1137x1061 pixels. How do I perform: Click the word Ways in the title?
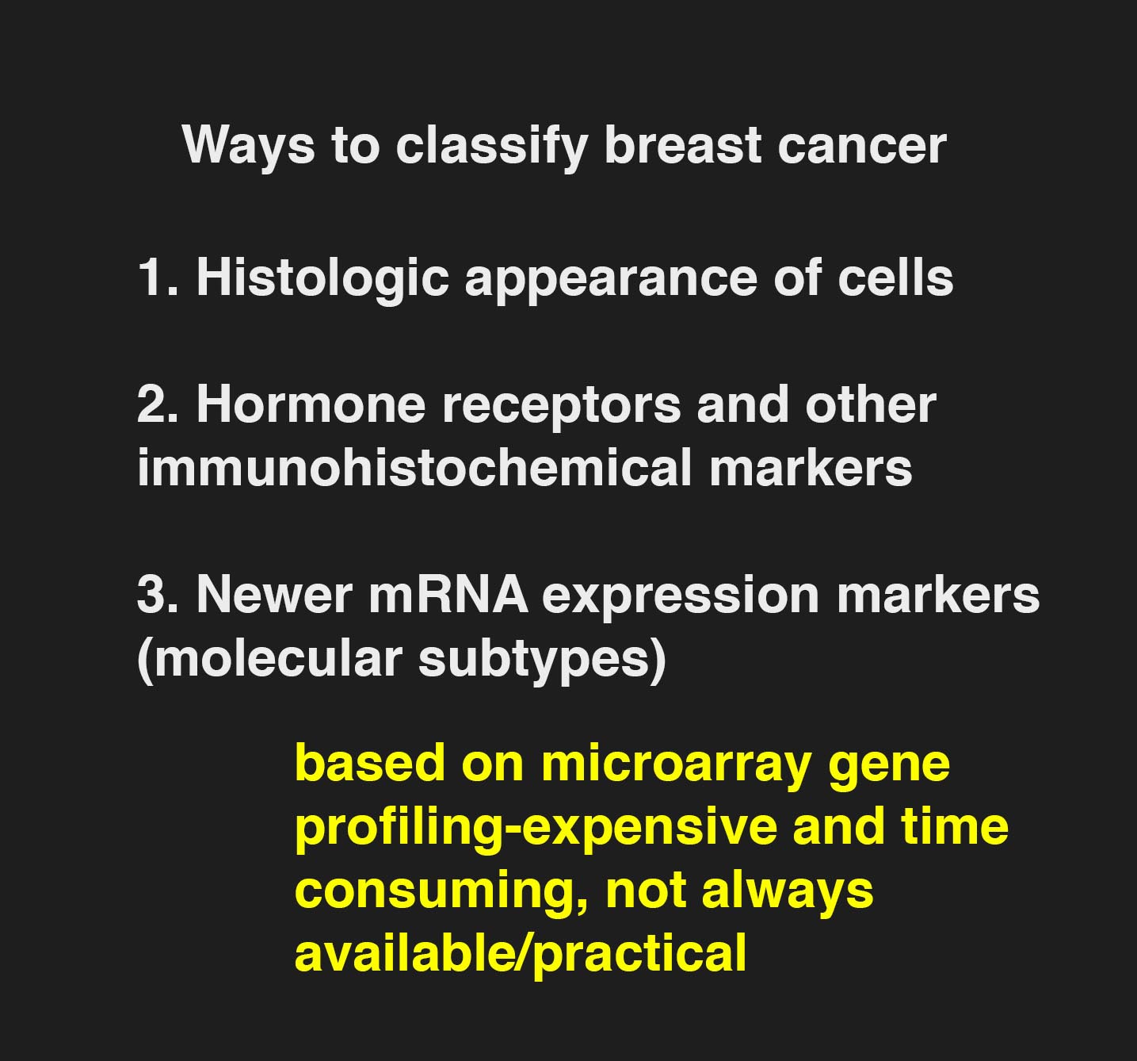249,147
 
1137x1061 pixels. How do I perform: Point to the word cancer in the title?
861,147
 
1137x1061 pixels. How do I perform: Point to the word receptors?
561,408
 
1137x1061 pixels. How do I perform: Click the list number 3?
157,595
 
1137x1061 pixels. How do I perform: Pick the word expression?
680,599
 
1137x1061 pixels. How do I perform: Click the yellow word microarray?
677,765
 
